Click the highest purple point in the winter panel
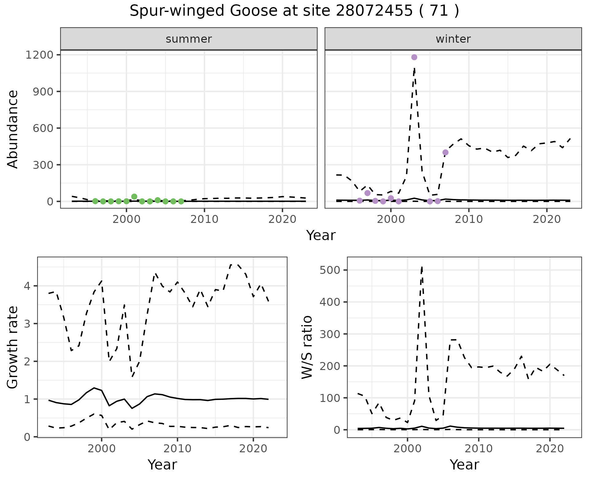414,57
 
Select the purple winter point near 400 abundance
445,152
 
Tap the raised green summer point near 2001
134,197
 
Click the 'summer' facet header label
189,39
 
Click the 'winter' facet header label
453,39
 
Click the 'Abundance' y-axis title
13,129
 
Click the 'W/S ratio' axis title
307,347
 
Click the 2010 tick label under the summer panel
204,219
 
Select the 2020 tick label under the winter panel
547,219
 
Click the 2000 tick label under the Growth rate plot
102,449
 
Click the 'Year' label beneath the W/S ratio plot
464,465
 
